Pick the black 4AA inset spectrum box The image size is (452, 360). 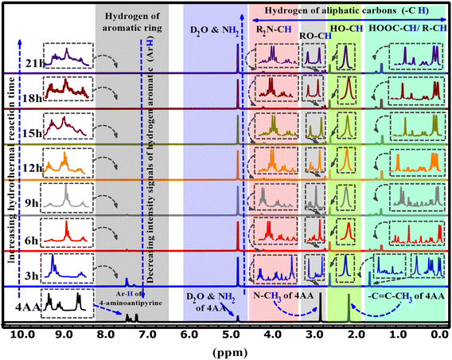tap(69, 303)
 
